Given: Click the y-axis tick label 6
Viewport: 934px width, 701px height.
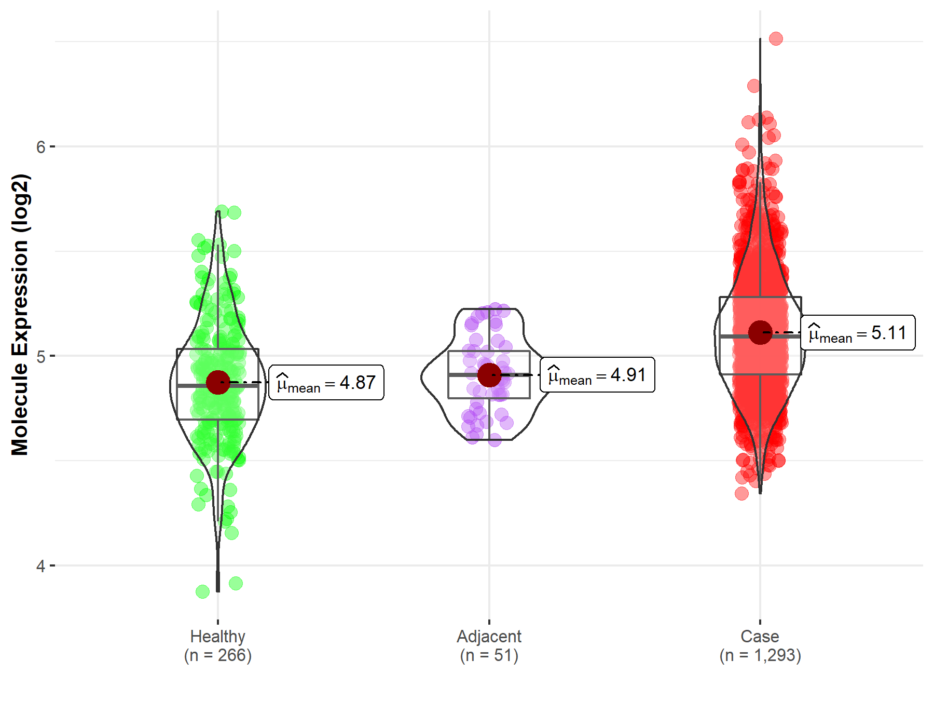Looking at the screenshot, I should pyautogui.click(x=40, y=147).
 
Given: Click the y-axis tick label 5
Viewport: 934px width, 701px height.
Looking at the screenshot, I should pyautogui.click(x=40, y=356).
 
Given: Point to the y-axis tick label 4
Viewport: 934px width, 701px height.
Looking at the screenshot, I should pyautogui.click(x=40, y=565).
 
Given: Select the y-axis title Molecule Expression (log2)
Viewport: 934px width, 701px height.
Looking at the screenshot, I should pyautogui.click(x=20, y=315).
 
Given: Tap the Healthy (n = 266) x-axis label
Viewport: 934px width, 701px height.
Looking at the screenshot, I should pyautogui.click(x=217, y=645).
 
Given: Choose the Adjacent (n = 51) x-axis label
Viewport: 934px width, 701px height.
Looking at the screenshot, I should pyautogui.click(x=489, y=645).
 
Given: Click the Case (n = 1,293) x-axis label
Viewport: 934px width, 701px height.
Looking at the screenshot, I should pyautogui.click(x=760, y=645).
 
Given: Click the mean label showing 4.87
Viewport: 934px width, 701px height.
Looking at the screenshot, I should pyautogui.click(x=326, y=383).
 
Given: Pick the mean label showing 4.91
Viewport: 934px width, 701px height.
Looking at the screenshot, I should pyautogui.click(x=597, y=375).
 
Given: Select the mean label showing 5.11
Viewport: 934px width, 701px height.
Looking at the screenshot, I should pyautogui.click(x=858, y=333).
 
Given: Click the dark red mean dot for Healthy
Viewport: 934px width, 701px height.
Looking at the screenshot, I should pyautogui.click(x=218, y=383).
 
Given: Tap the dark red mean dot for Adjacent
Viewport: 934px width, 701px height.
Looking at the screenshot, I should pyautogui.click(x=489, y=375).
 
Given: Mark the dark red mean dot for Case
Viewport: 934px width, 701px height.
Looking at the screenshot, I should pyautogui.click(x=760, y=332).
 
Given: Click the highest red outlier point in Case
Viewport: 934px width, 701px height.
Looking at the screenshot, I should pyautogui.click(x=776, y=38).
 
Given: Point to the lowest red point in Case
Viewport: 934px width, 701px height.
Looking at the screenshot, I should pyautogui.click(x=741, y=493).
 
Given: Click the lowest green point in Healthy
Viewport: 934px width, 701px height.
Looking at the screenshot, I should pyautogui.click(x=202, y=591).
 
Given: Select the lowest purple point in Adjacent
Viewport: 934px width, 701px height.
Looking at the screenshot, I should pyautogui.click(x=495, y=441).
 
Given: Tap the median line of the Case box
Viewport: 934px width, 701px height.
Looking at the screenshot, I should pyautogui.click(x=737, y=336).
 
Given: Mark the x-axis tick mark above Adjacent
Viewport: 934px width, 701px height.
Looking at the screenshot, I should pyautogui.click(x=489, y=622).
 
